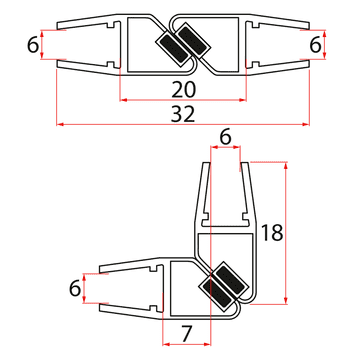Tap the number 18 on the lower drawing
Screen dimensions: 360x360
(272, 233)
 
